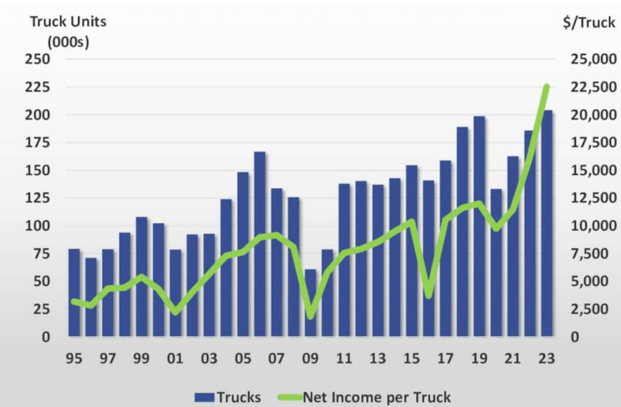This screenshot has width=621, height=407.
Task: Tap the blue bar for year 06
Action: [x=260, y=244]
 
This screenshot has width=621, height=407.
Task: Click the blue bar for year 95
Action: [x=74, y=292]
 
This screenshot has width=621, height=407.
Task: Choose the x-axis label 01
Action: [x=175, y=359]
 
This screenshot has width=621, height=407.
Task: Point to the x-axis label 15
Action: [x=411, y=359]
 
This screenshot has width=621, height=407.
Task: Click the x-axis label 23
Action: [x=546, y=359]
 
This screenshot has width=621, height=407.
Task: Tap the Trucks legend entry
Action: [x=228, y=397]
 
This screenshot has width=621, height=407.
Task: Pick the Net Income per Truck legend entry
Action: [x=364, y=397]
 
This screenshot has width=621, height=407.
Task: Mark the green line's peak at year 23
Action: [x=546, y=87]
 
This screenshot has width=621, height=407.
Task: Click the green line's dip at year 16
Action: [x=429, y=295]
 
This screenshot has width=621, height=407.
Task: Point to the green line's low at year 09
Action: [x=310, y=317]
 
